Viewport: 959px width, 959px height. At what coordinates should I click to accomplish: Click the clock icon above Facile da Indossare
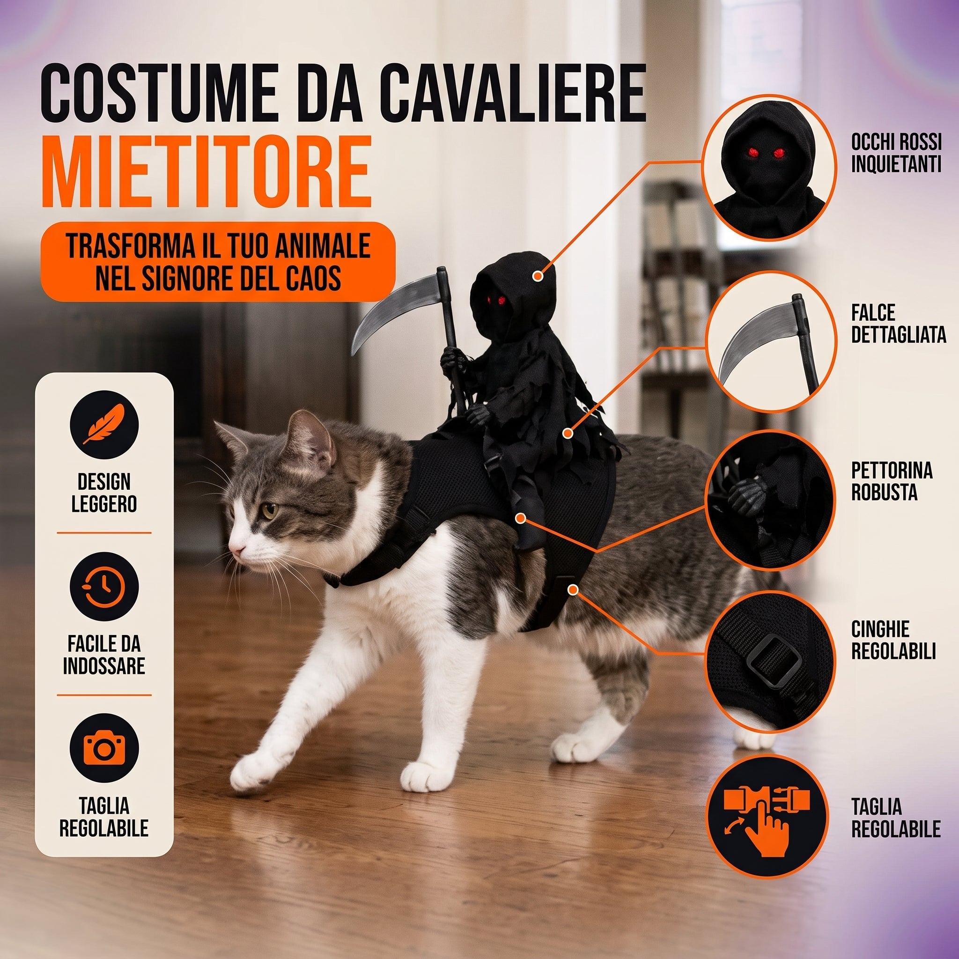coord(104,586)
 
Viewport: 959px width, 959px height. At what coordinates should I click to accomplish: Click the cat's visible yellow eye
coord(270,510)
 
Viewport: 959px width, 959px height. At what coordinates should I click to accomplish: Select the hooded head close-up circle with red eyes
coord(771,168)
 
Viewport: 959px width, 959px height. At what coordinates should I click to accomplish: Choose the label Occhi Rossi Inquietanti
coord(896,153)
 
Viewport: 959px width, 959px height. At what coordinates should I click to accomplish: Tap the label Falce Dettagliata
coord(899,324)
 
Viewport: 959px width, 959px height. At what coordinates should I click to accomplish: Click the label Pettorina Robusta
coord(892,481)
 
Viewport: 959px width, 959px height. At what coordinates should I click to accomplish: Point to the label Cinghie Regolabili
coord(893,640)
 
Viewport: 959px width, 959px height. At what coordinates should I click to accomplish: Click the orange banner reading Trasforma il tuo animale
coord(218,262)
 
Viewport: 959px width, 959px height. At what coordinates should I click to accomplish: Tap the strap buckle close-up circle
coord(771,660)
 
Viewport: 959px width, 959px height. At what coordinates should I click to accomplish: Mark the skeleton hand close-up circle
coord(771,501)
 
